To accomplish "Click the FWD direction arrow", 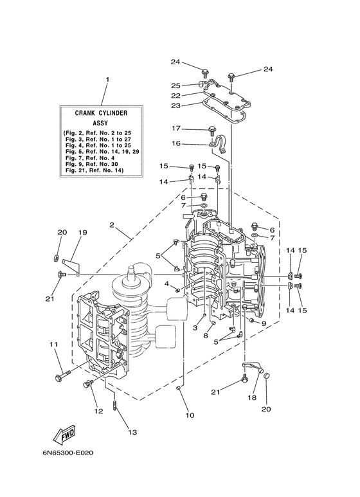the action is [64, 434].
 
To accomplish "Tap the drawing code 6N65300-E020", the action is [67, 453].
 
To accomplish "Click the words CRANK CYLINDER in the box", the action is [101, 113].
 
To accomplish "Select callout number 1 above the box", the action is [107, 79].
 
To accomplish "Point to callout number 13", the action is [132, 432].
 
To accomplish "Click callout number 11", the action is [53, 344].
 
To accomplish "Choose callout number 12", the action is [98, 411].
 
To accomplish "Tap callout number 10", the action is [190, 415].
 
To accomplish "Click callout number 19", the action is [83, 232].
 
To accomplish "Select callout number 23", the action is [175, 105].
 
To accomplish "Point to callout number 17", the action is [176, 129].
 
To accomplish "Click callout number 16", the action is [176, 143].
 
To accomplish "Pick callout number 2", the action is [112, 225].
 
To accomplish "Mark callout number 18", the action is [252, 398].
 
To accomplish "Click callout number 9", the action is [264, 323].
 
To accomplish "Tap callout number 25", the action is [175, 86].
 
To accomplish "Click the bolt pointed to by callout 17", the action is [211, 131].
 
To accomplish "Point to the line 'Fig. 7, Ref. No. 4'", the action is [90, 158].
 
